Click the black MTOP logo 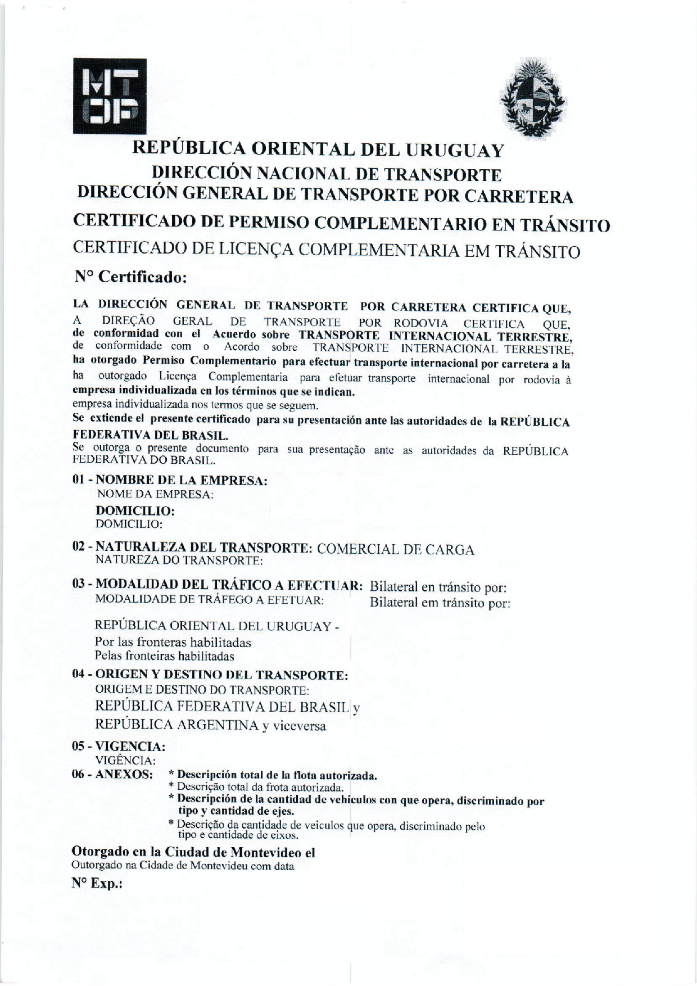110,96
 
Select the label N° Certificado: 130,278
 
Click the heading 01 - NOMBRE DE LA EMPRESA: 170,481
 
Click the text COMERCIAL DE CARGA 396,550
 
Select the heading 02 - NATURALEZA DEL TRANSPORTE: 192,548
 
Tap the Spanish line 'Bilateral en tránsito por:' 438,587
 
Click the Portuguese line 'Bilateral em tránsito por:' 440,603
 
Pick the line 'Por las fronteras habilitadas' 173,642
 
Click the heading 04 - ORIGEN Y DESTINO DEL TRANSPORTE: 210,675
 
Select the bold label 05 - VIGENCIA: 119,747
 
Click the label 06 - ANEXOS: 112,774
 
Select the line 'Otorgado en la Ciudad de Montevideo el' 193,852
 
